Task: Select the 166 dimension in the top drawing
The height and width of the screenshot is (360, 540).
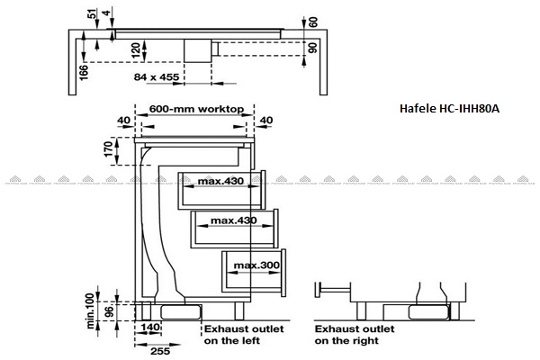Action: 84,66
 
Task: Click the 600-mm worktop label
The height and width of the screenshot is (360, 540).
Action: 197,108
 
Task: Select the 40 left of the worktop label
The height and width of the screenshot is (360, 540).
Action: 124,120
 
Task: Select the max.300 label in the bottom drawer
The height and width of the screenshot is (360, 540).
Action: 255,265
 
